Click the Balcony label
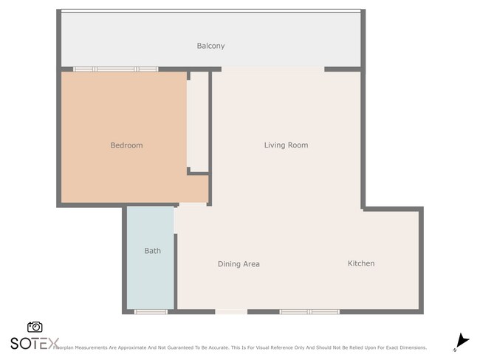[210, 46]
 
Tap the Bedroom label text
[126, 145]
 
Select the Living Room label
[286, 145]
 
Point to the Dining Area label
[239, 264]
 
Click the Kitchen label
[361, 263]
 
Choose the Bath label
[152, 251]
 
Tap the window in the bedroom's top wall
[115, 69]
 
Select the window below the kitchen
[309, 312]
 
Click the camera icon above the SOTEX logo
[35, 327]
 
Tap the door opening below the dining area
[231, 312]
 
